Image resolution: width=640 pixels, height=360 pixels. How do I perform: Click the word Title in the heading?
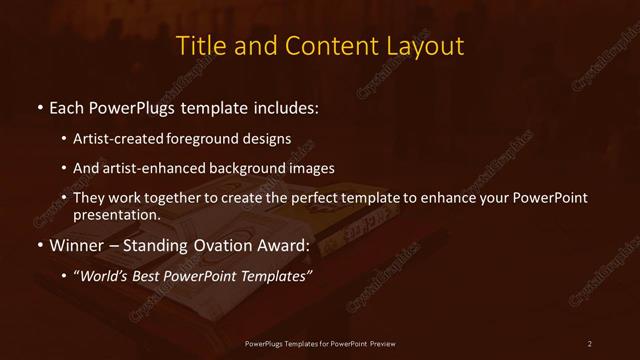tap(200, 46)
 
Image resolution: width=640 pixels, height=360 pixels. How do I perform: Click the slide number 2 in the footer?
tap(590, 344)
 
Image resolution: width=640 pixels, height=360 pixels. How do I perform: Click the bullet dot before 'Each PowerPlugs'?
tap(38, 106)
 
